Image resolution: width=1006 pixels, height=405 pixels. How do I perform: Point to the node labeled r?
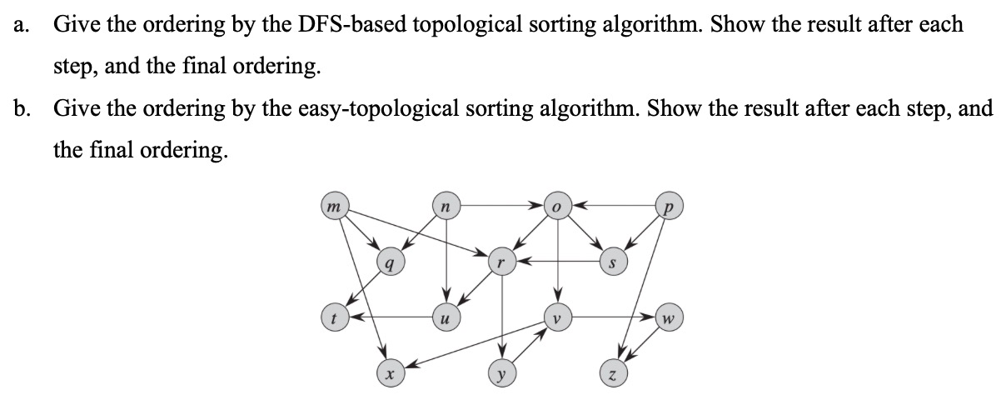[x=501, y=262]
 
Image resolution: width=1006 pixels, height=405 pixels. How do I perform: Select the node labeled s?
[x=613, y=262]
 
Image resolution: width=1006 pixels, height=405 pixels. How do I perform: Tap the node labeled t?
[x=333, y=317]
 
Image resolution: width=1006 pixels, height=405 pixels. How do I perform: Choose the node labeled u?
[x=446, y=317]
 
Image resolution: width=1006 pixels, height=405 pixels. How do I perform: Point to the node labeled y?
[x=501, y=374]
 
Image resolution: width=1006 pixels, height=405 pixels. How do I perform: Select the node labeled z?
[x=613, y=374]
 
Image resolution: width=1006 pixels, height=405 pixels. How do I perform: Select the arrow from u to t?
[x=390, y=317]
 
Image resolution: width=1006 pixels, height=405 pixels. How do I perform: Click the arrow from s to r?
[x=556, y=262]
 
